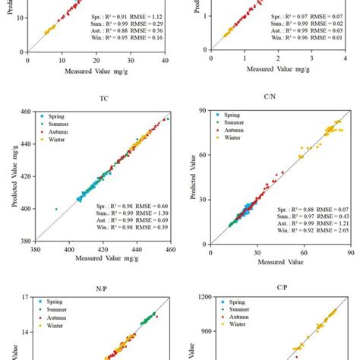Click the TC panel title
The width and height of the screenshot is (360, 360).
click(103, 98)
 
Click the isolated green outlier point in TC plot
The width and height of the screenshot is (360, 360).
click(56, 209)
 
